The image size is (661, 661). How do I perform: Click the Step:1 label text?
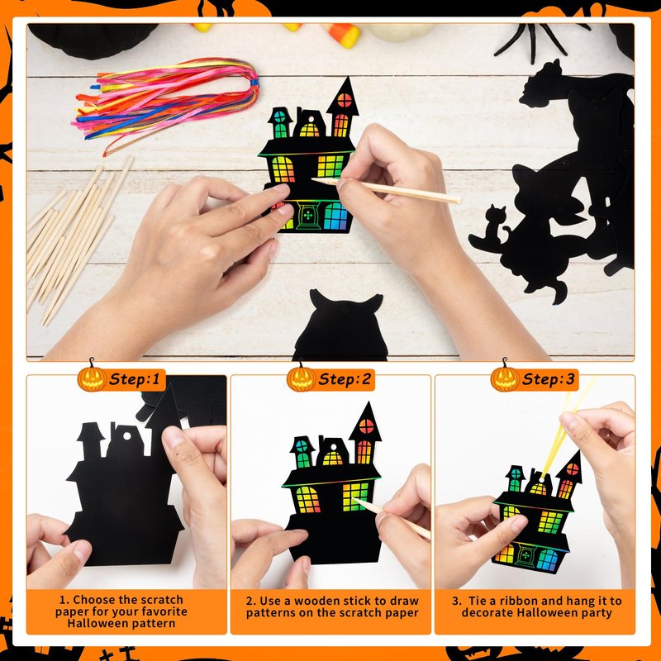click(135, 379)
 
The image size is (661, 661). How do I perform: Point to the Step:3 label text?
click(548, 379)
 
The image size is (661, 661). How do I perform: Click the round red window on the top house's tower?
click(345, 100)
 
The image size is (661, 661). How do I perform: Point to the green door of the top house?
click(308, 216)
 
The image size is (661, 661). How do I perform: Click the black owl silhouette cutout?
click(340, 326)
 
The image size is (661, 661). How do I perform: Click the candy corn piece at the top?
click(342, 34)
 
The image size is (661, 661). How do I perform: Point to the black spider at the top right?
click(540, 40)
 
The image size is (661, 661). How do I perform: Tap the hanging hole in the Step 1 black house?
click(127, 436)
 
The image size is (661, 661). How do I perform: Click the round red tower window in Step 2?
click(366, 426)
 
